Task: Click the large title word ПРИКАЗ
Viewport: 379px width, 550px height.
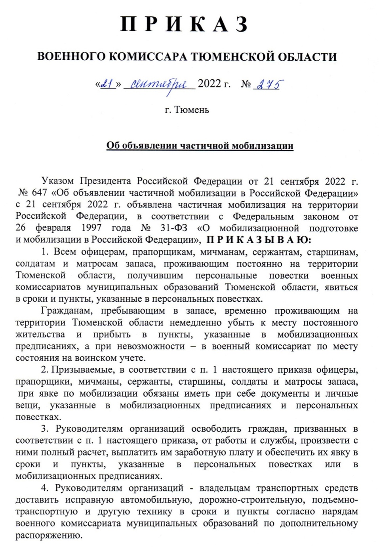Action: click(x=185, y=25)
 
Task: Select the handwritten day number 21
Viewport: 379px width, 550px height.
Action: click(x=107, y=84)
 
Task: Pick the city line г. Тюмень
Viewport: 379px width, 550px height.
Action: click(x=187, y=110)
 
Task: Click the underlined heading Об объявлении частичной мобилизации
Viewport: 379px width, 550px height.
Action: click(x=200, y=146)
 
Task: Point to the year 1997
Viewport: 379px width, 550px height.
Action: click(x=92, y=228)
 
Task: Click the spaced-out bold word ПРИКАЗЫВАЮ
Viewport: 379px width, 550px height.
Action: click(x=259, y=240)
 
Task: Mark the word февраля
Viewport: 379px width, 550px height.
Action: click(x=53, y=228)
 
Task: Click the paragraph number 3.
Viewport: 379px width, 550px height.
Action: click(x=44, y=429)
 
